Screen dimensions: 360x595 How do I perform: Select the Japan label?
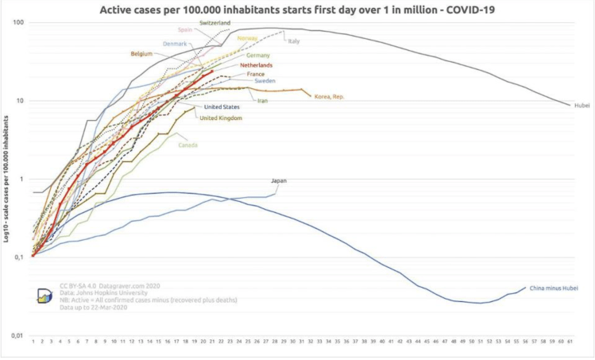tap(278, 180)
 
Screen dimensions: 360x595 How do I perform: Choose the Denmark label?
tap(175, 43)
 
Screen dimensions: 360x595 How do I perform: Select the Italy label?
tap(294, 40)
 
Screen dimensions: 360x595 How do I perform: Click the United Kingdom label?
tap(221, 118)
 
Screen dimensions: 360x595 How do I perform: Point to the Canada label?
tap(187, 145)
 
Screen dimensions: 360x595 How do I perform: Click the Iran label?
tap(262, 100)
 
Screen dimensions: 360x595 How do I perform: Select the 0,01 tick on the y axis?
tap(16, 336)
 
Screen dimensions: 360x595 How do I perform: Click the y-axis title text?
tap(6, 180)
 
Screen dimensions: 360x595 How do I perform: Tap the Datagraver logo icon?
tap(44, 296)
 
